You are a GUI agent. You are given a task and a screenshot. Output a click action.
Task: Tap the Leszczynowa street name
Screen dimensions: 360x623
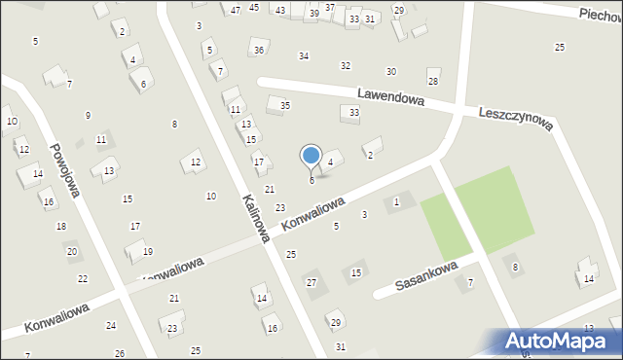(x=516, y=119)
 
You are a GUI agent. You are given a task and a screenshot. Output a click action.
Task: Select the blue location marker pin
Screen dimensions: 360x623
(x=311, y=156)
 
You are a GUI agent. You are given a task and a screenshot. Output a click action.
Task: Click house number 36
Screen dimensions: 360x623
(x=258, y=51)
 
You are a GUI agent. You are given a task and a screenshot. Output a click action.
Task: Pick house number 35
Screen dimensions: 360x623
(x=285, y=105)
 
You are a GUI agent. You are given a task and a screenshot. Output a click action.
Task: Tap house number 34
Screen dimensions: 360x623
(x=304, y=56)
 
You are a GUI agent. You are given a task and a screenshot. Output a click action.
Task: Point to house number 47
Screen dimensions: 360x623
(x=236, y=10)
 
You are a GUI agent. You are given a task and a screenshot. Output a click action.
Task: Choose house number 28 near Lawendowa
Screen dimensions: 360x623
(x=433, y=81)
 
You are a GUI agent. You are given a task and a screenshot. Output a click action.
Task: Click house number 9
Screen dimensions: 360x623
(x=88, y=116)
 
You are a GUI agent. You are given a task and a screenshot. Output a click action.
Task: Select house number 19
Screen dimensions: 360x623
(x=147, y=251)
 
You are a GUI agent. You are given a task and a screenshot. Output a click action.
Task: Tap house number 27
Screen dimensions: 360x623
(x=311, y=282)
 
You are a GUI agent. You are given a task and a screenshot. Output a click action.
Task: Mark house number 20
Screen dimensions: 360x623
(x=71, y=251)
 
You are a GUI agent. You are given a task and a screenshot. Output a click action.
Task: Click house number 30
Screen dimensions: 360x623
(x=391, y=72)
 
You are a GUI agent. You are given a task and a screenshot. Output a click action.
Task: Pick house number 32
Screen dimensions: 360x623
(x=345, y=65)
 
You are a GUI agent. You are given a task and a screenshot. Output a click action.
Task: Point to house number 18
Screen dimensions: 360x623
(x=61, y=226)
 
